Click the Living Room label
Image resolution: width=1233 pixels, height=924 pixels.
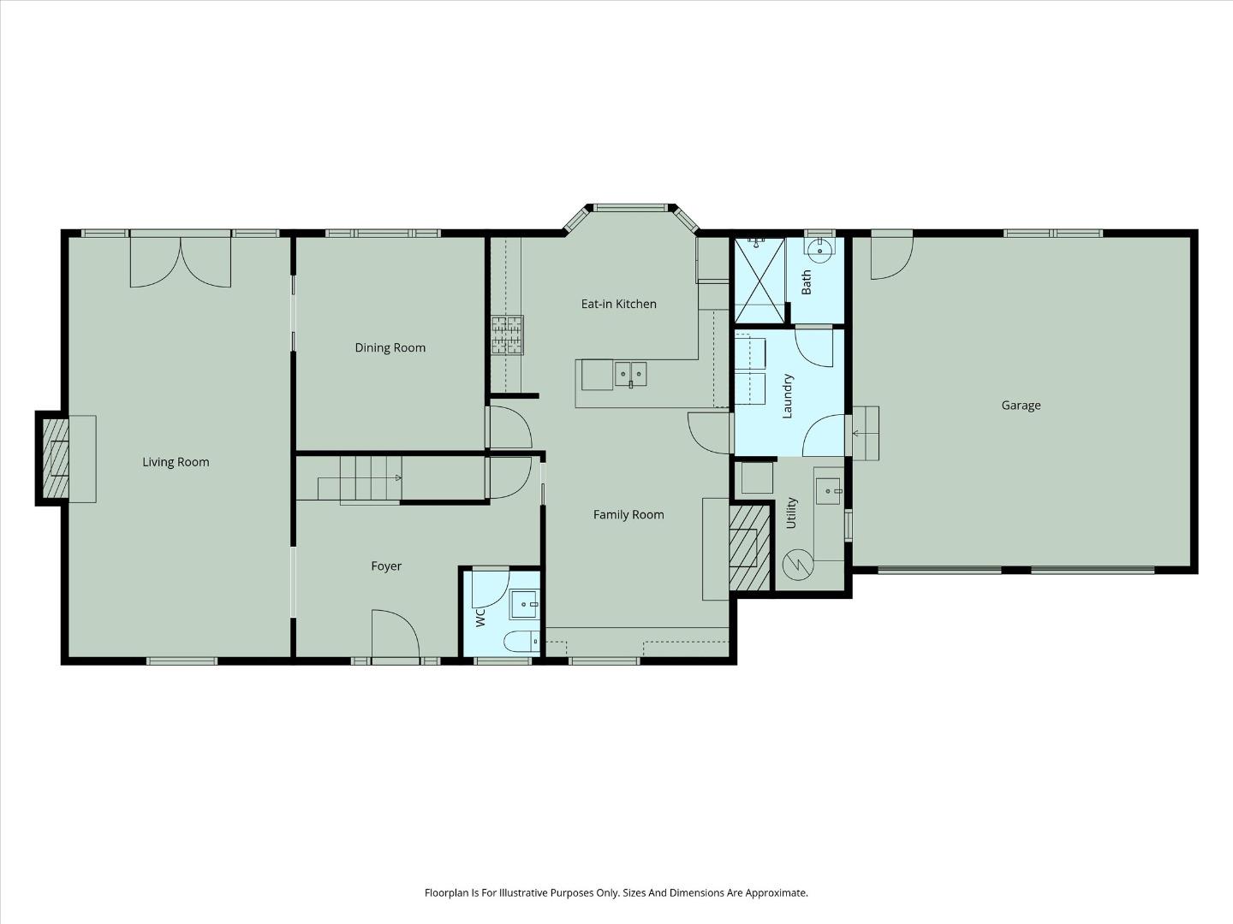[176, 462]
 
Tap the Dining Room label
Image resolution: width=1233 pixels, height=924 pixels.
[390, 347]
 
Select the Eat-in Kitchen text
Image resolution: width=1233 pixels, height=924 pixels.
[618, 304]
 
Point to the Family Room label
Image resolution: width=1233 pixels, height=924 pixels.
[628, 514]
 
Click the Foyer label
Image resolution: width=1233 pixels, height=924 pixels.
[385, 566]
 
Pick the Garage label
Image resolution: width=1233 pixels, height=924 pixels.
[1021, 406]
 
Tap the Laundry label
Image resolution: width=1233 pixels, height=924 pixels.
[789, 395]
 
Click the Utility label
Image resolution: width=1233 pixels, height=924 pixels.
[791, 512]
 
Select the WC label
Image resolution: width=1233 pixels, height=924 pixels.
[480, 616]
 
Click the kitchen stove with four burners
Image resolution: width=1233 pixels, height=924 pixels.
[507, 335]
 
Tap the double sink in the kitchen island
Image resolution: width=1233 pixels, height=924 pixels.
[630, 374]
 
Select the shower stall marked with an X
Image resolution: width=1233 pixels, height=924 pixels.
[759, 281]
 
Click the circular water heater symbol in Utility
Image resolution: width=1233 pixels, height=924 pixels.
[797, 564]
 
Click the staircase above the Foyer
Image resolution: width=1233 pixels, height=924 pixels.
[360, 479]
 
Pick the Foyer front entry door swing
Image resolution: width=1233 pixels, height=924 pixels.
[394, 633]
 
